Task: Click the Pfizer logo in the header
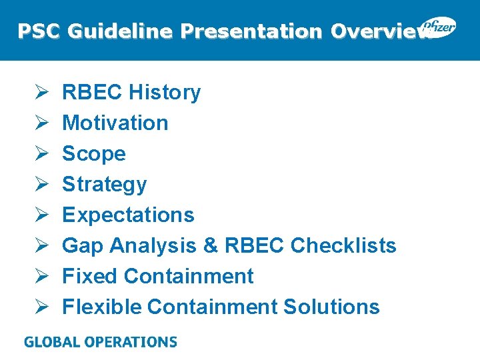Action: [x=438, y=27]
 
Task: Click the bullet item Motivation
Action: [x=115, y=123]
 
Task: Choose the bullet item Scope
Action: [x=93, y=153]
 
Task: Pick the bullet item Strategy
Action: [x=104, y=184]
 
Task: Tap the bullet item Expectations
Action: [x=128, y=215]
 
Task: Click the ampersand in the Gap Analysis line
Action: [x=211, y=245]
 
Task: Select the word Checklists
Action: [x=343, y=245]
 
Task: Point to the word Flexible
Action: [x=102, y=307]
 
